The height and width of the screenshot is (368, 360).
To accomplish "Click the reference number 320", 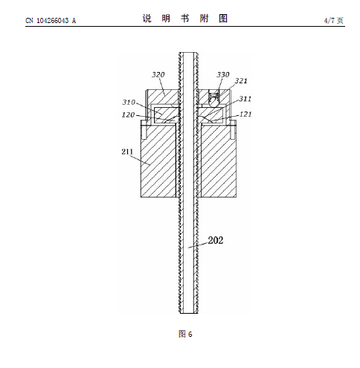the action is click(x=158, y=74).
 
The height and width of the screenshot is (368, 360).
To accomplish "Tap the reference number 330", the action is click(x=223, y=74).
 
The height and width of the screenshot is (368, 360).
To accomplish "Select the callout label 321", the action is click(x=241, y=81).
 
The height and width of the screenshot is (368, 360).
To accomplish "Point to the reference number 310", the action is click(x=129, y=102).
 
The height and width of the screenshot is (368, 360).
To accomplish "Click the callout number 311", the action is click(x=245, y=99).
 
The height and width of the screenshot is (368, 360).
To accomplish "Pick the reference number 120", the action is click(x=128, y=114).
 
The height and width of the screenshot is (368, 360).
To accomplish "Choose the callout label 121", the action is click(x=245, y=114).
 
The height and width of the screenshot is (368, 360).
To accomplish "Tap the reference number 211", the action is click(x=127, y=152).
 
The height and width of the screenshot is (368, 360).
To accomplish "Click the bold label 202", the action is click(x=216, y=240).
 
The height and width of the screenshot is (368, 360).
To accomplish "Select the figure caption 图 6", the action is click(x=185, y=334).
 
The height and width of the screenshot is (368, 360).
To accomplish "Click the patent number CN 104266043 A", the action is click(x=51, y=21).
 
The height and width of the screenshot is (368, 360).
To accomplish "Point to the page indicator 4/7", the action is click(x=330, y=20).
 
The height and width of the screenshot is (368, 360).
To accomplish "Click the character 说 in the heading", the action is click(x=147, y=19).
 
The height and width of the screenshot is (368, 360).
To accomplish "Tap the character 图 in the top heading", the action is click(x=223, y=19).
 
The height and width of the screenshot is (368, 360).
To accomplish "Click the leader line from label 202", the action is click(x=198, y=245).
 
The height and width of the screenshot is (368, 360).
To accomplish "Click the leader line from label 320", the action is click(x=163, y=87).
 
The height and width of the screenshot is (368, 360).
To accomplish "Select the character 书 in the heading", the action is click(x=185, y=19).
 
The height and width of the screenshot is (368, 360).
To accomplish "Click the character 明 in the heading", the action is click(x=166, y=19).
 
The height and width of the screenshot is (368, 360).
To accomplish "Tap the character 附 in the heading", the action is click(x=204, y=19).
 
